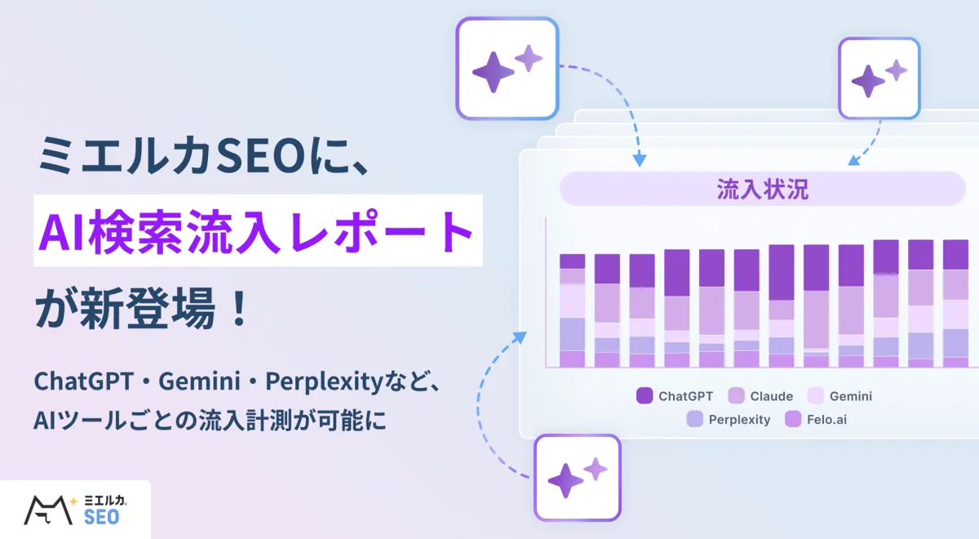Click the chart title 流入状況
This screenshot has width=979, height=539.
point(762,189)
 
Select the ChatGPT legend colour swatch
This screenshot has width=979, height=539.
point(645,395)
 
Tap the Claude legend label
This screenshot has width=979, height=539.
point(772,396)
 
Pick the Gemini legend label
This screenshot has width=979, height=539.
point(850,396)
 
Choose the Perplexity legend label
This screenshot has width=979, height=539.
point(739,420)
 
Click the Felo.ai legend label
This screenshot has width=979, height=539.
point(826,420)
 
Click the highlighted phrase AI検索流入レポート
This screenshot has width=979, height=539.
point(256,230)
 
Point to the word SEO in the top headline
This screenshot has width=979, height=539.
point(261,155)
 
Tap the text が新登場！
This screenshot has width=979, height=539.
point(142,308)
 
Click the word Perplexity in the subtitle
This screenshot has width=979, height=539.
point(324,382)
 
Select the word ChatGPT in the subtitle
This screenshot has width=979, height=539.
point(83,381)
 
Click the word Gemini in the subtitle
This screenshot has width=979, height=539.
point(199,381)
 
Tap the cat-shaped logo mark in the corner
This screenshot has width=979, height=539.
point(48,510)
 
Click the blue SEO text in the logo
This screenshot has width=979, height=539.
point(101,517)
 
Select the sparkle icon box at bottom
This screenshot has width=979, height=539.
point(578,478)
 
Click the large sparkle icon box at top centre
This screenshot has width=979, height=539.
point(507,69)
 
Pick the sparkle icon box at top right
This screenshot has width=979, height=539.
point(879,78)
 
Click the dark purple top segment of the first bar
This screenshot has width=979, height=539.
point(572,261)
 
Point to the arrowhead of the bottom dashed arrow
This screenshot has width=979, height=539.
point(521,337)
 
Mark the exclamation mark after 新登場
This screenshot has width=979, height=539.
point(240,308)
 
